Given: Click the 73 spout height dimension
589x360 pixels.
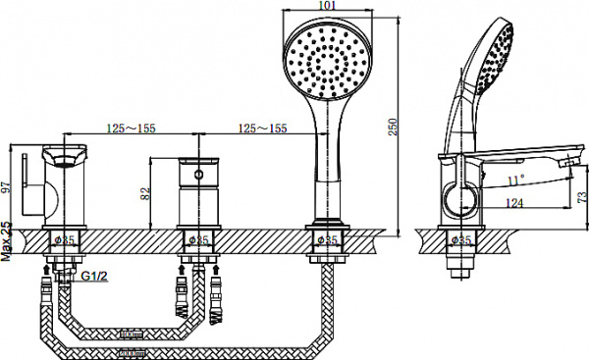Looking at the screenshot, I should coord(578,196).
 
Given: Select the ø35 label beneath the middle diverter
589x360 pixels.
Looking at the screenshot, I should coord(196,238).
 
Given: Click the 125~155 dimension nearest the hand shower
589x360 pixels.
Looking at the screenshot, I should coord(263,129).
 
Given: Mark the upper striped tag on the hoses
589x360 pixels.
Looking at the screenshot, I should coord(130,334).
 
